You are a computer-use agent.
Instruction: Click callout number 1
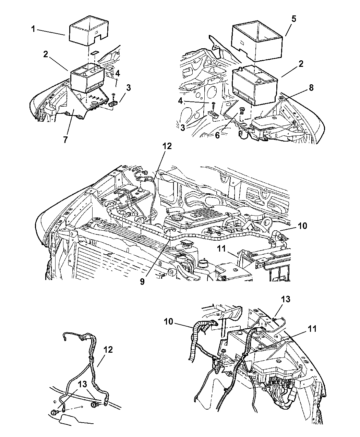point(33,29)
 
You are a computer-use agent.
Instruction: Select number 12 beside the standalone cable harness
point(108,350)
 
